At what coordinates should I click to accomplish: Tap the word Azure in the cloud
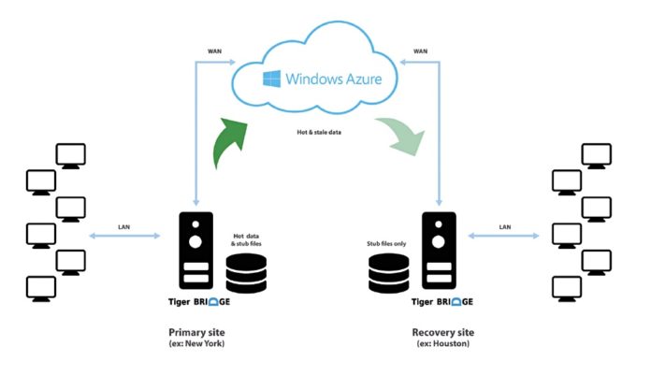tap(356, 79)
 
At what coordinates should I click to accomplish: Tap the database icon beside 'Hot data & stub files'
tap(246, 273)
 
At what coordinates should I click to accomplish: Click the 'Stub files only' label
tap(387, 244)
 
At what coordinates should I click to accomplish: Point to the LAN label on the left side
tap(123, 227)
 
